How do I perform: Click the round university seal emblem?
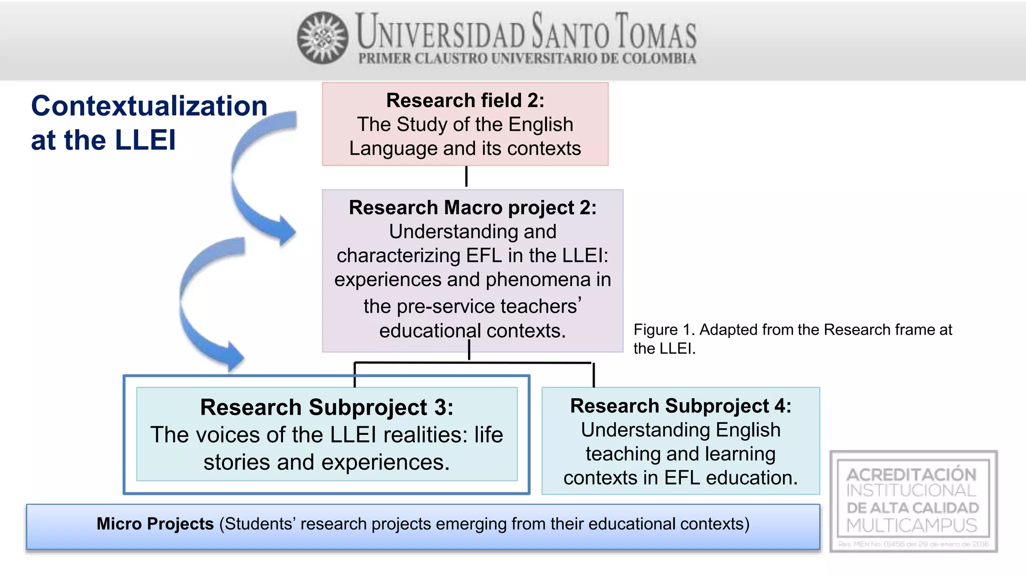pyautogui.click(x=323, y=38)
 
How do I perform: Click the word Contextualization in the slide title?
pyautogui.click(x=149, y=106)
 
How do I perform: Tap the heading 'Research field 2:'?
pyautogui.click(x=465, y=101)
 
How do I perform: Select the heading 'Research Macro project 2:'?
pyautogui.click(x=472, y=207)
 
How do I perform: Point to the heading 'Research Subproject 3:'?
pyautogui.click(x=327, y=407)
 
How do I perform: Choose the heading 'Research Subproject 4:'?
pyautogui.click(x=680, y=406)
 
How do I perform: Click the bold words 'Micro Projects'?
pyautogui.click(x=155, y=524)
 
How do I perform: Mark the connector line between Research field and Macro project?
pyautogui.click(x=466, y=177)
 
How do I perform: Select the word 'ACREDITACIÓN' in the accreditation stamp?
pyautogui.click(x=911, y=474)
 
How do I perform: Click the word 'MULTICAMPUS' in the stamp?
pyautogui.click(x=912, y=525)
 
